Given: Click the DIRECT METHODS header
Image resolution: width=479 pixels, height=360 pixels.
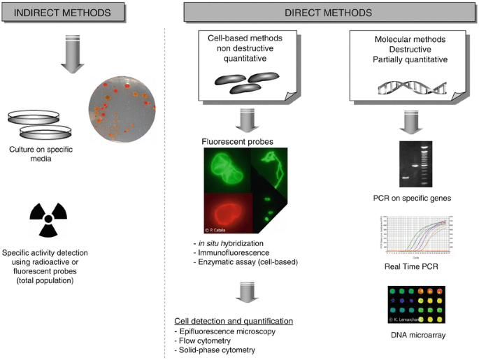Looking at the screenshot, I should pyautogui.click(x=329, y=13).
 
